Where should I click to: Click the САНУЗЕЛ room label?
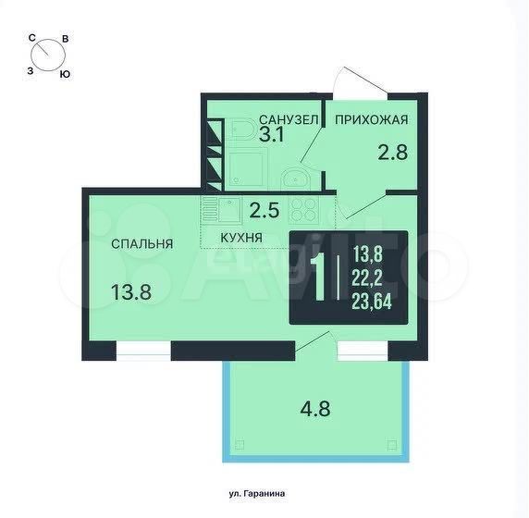(289, 119)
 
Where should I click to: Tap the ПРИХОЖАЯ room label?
(372, 120)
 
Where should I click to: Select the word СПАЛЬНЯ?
(142, 243)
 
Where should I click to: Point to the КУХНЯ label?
(241, 238)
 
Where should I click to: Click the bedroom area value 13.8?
(131, 292)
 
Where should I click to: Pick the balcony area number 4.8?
(315, 409)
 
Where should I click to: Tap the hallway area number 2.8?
(393, 153)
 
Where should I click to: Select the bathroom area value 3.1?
(272, 135)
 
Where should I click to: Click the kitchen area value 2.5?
(264, 211)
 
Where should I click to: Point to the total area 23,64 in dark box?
(372, 301)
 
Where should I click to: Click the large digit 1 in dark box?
(319, 277)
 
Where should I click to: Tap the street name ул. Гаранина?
(257, 494)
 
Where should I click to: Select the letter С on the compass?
(32, 38)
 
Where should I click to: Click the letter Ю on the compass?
(65, 74)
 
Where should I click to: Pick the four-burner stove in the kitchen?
(303, 210)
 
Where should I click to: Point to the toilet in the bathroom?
(240, 129)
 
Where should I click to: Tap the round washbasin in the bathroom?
(294, 178)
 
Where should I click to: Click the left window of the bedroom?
(143, 351)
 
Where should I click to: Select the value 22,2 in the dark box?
(368, 277)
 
